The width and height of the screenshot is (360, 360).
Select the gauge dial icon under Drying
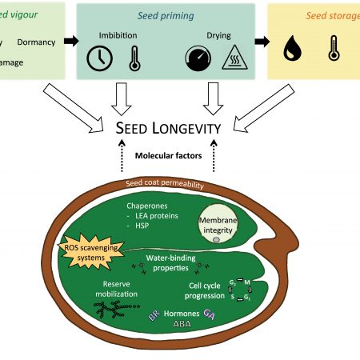point(197,57)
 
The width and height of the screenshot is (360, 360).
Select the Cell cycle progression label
point(205,290)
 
